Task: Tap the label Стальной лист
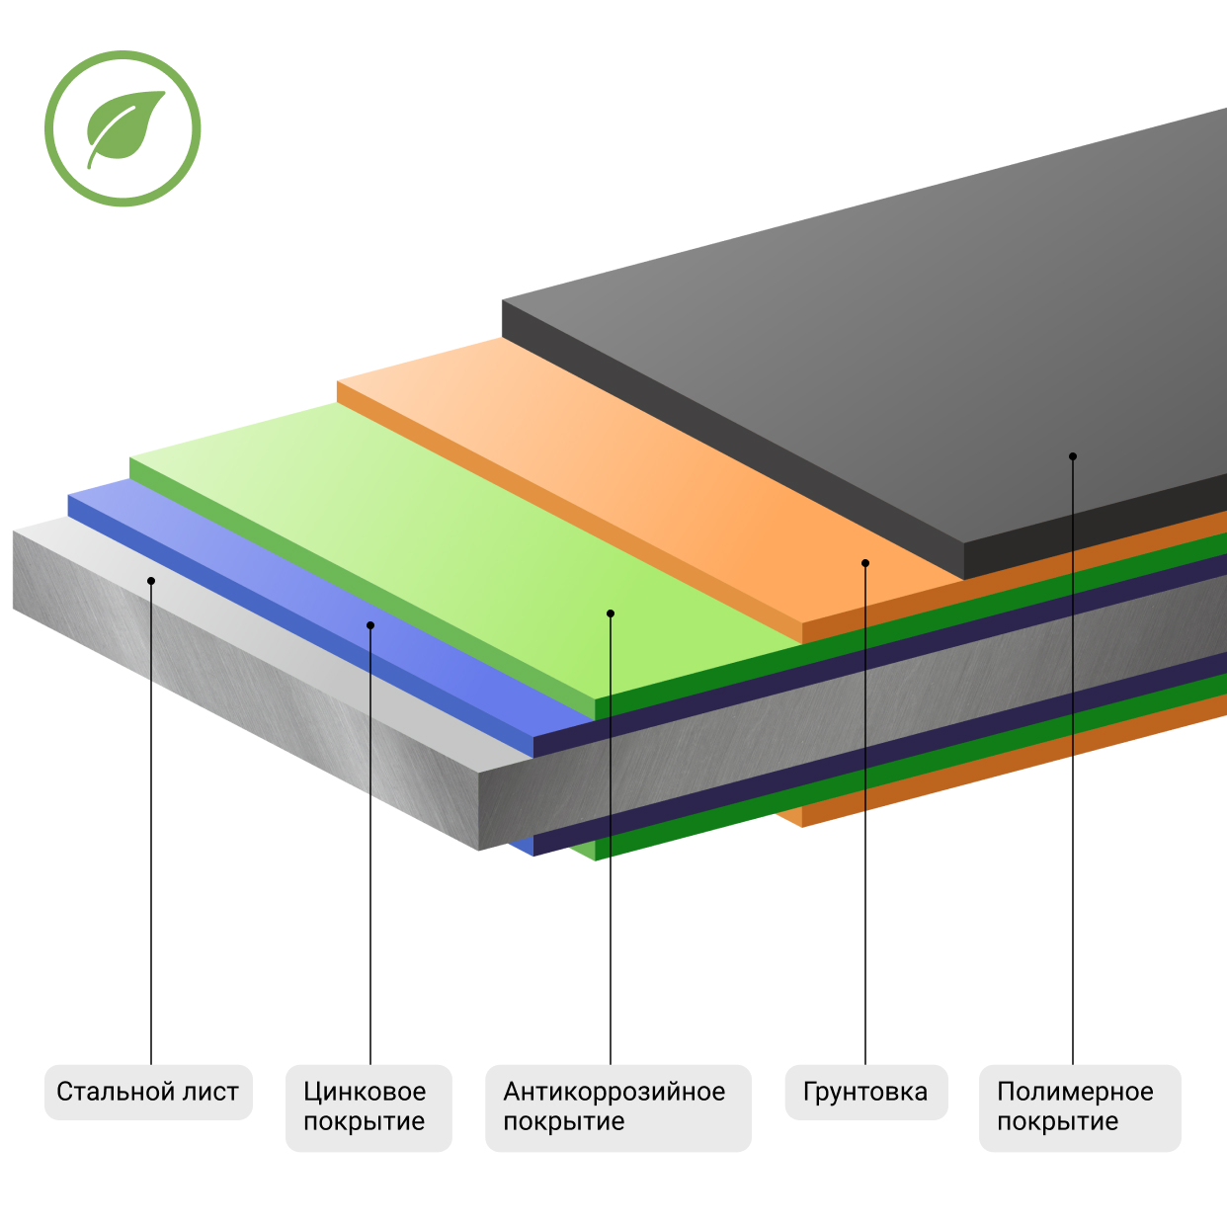148,1092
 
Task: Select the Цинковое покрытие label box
368,1107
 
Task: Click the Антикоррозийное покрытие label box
617,1107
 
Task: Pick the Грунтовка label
865,1092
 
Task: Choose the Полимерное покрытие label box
1079,1107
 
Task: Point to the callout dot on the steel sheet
151,581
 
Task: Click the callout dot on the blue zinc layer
370,625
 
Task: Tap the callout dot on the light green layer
611,613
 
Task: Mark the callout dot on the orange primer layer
865,563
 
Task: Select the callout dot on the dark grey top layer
1073,456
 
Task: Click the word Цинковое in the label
365,1092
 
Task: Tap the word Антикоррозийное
613,1092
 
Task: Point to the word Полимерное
1075,1092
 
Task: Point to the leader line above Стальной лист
151,840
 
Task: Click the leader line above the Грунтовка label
865,939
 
